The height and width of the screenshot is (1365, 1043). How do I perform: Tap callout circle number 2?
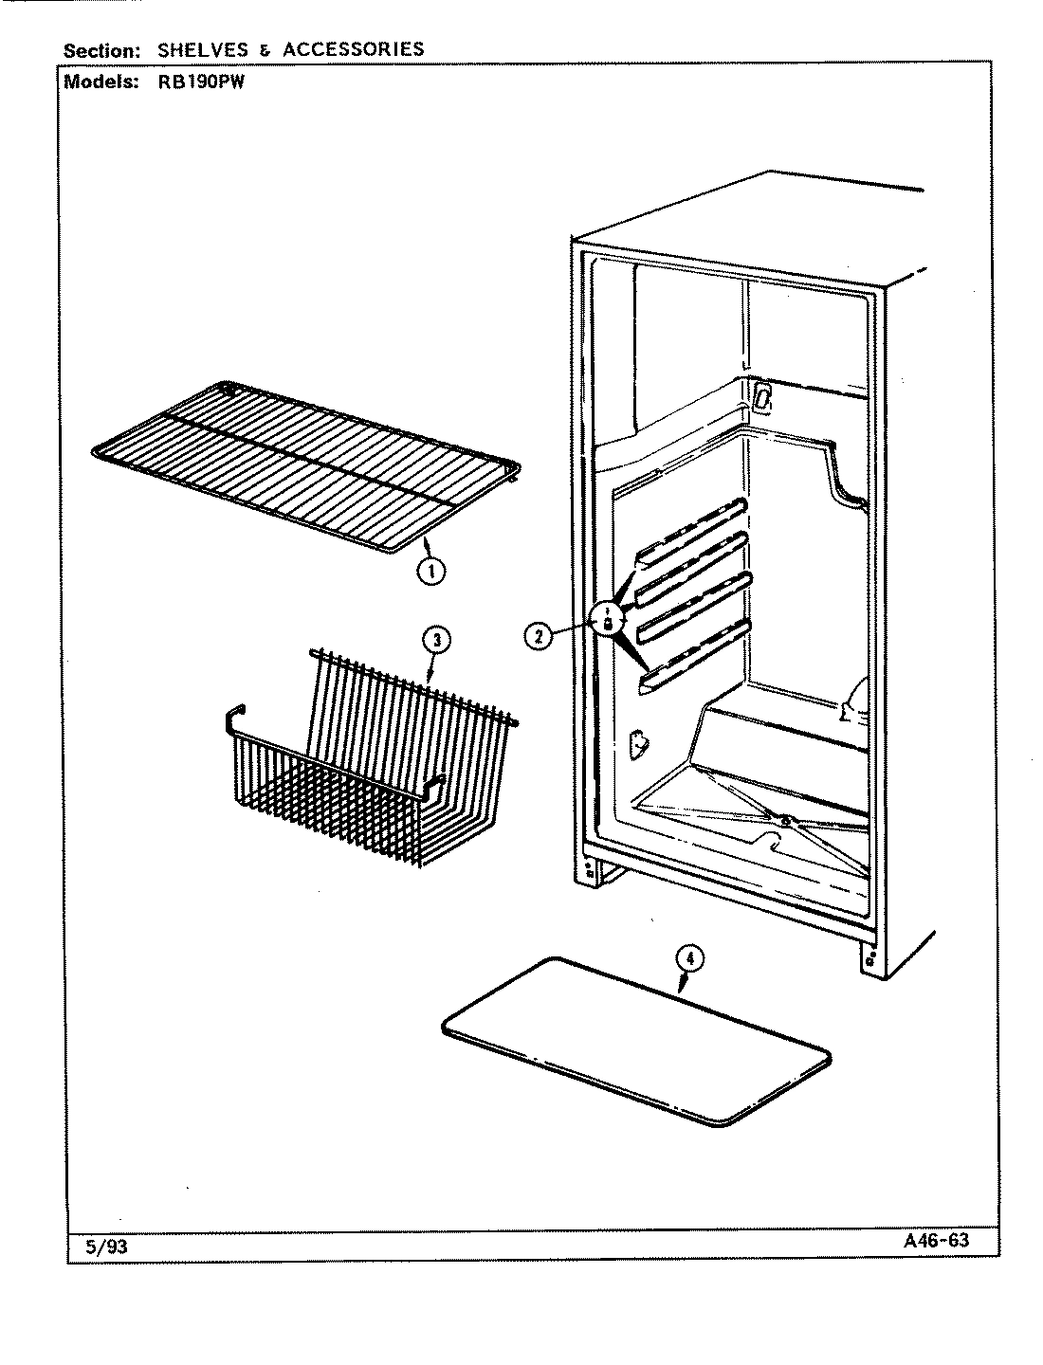pyautogui.click(x=537, y=636)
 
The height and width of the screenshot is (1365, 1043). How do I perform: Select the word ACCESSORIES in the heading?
pyautogui.click(x=354, y=49)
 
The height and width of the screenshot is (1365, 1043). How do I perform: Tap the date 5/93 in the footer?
pyautogui.click(x=105, y=1247)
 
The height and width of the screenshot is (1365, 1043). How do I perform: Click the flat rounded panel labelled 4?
pyautogui.click(x=635, y=1043)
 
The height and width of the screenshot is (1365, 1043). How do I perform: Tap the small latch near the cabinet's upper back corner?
pyautogui.click(x=761, y=396)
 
